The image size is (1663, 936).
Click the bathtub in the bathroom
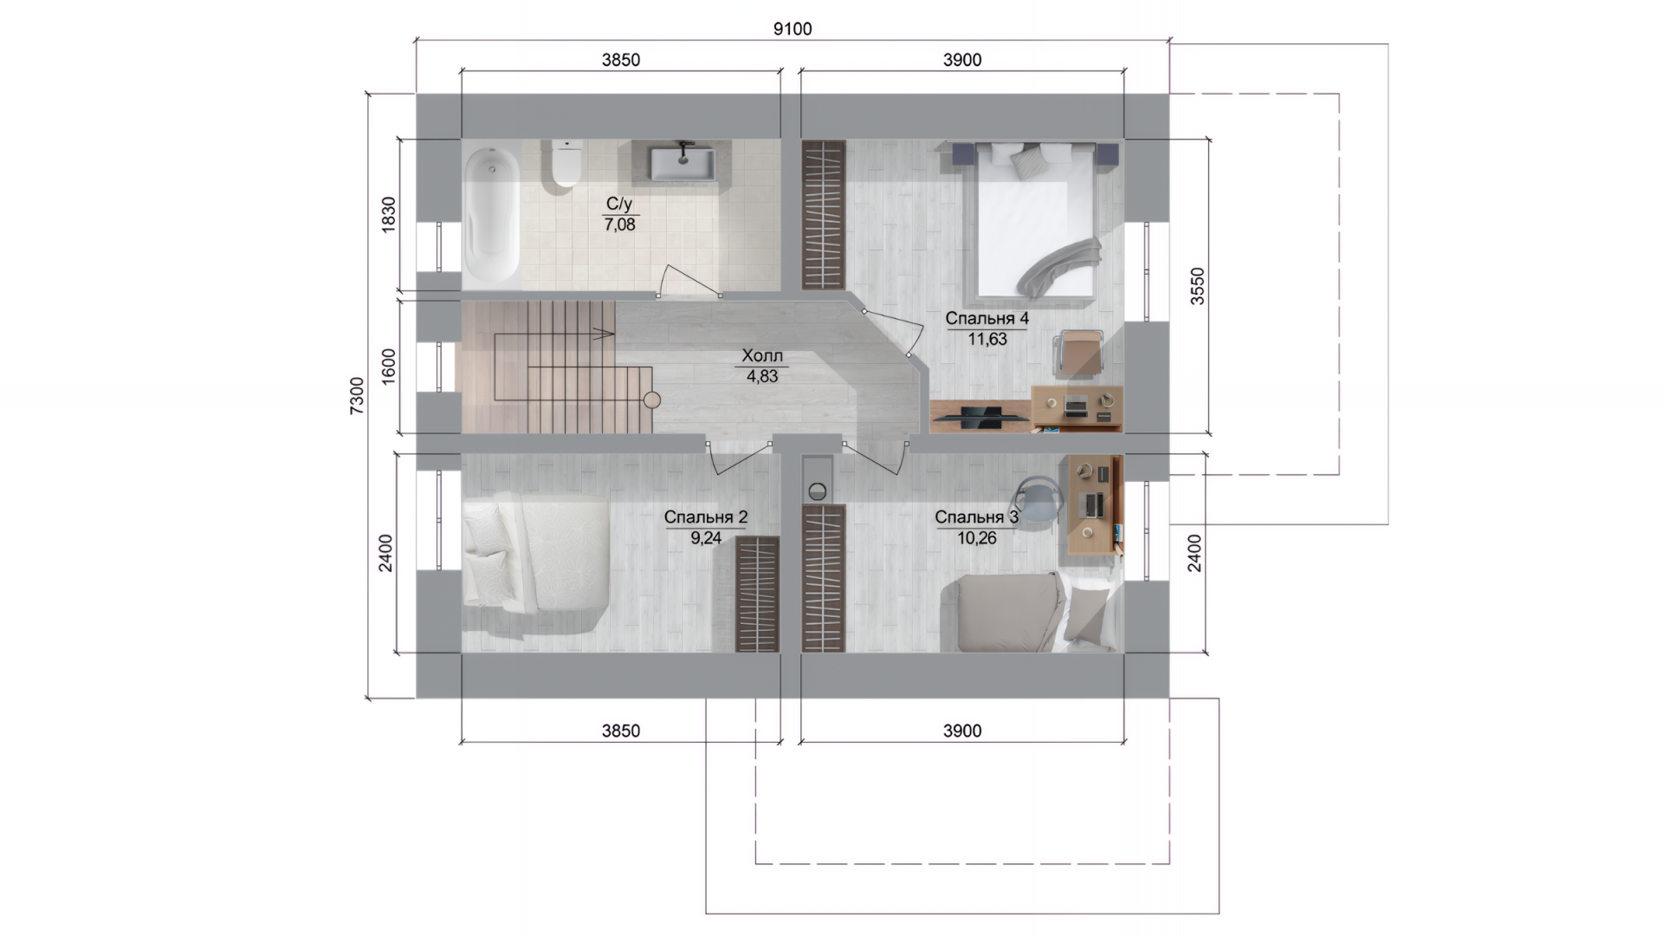(491, 214)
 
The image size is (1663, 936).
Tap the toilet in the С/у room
(564, 164)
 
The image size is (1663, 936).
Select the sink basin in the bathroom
(683, 164)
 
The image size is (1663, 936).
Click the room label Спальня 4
(987, 318)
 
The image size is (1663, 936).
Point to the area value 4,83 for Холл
(762, 376)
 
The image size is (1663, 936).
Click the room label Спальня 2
(706, 517)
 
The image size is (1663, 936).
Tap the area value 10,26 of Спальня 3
(976, 538)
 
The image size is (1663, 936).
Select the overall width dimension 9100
(793, 29)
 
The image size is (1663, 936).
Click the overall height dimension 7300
(357, 396)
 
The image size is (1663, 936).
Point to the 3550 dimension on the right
(1196, 286)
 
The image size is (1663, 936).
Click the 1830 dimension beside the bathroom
(388, 214)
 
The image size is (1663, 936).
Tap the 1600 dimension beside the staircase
(388, 366)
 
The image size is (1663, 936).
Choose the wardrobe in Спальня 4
(823, 214)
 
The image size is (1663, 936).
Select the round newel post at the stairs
(652, 400)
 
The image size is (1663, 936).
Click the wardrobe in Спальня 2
(757, 594)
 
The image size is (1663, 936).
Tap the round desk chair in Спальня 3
(1038, 501)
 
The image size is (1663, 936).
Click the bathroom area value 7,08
(619, 224)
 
